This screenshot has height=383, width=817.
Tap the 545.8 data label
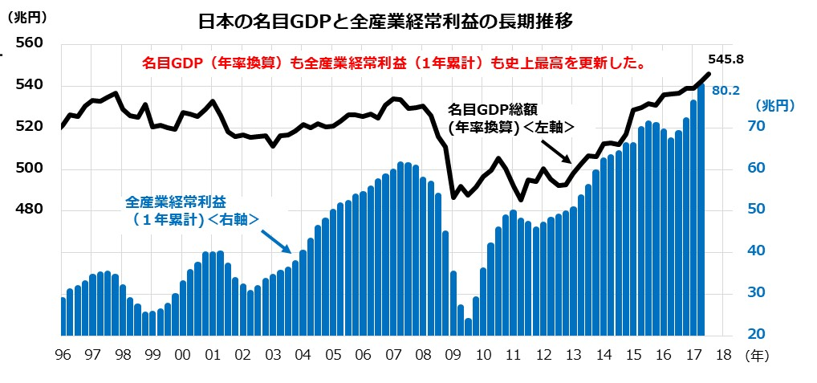pos(727,59)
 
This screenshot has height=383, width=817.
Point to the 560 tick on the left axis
pos(29,43)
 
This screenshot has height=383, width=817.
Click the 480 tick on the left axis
pos(29,210)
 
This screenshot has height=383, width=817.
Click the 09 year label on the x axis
pos(453,354)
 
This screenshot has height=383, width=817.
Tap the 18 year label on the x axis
pos(723,354)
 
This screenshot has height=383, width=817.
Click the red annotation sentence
pos(395,63)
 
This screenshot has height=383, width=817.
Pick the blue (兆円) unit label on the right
pos(774,104)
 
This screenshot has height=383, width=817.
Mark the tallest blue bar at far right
pos(701,210)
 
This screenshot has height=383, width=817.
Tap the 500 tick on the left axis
pos(29,169)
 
